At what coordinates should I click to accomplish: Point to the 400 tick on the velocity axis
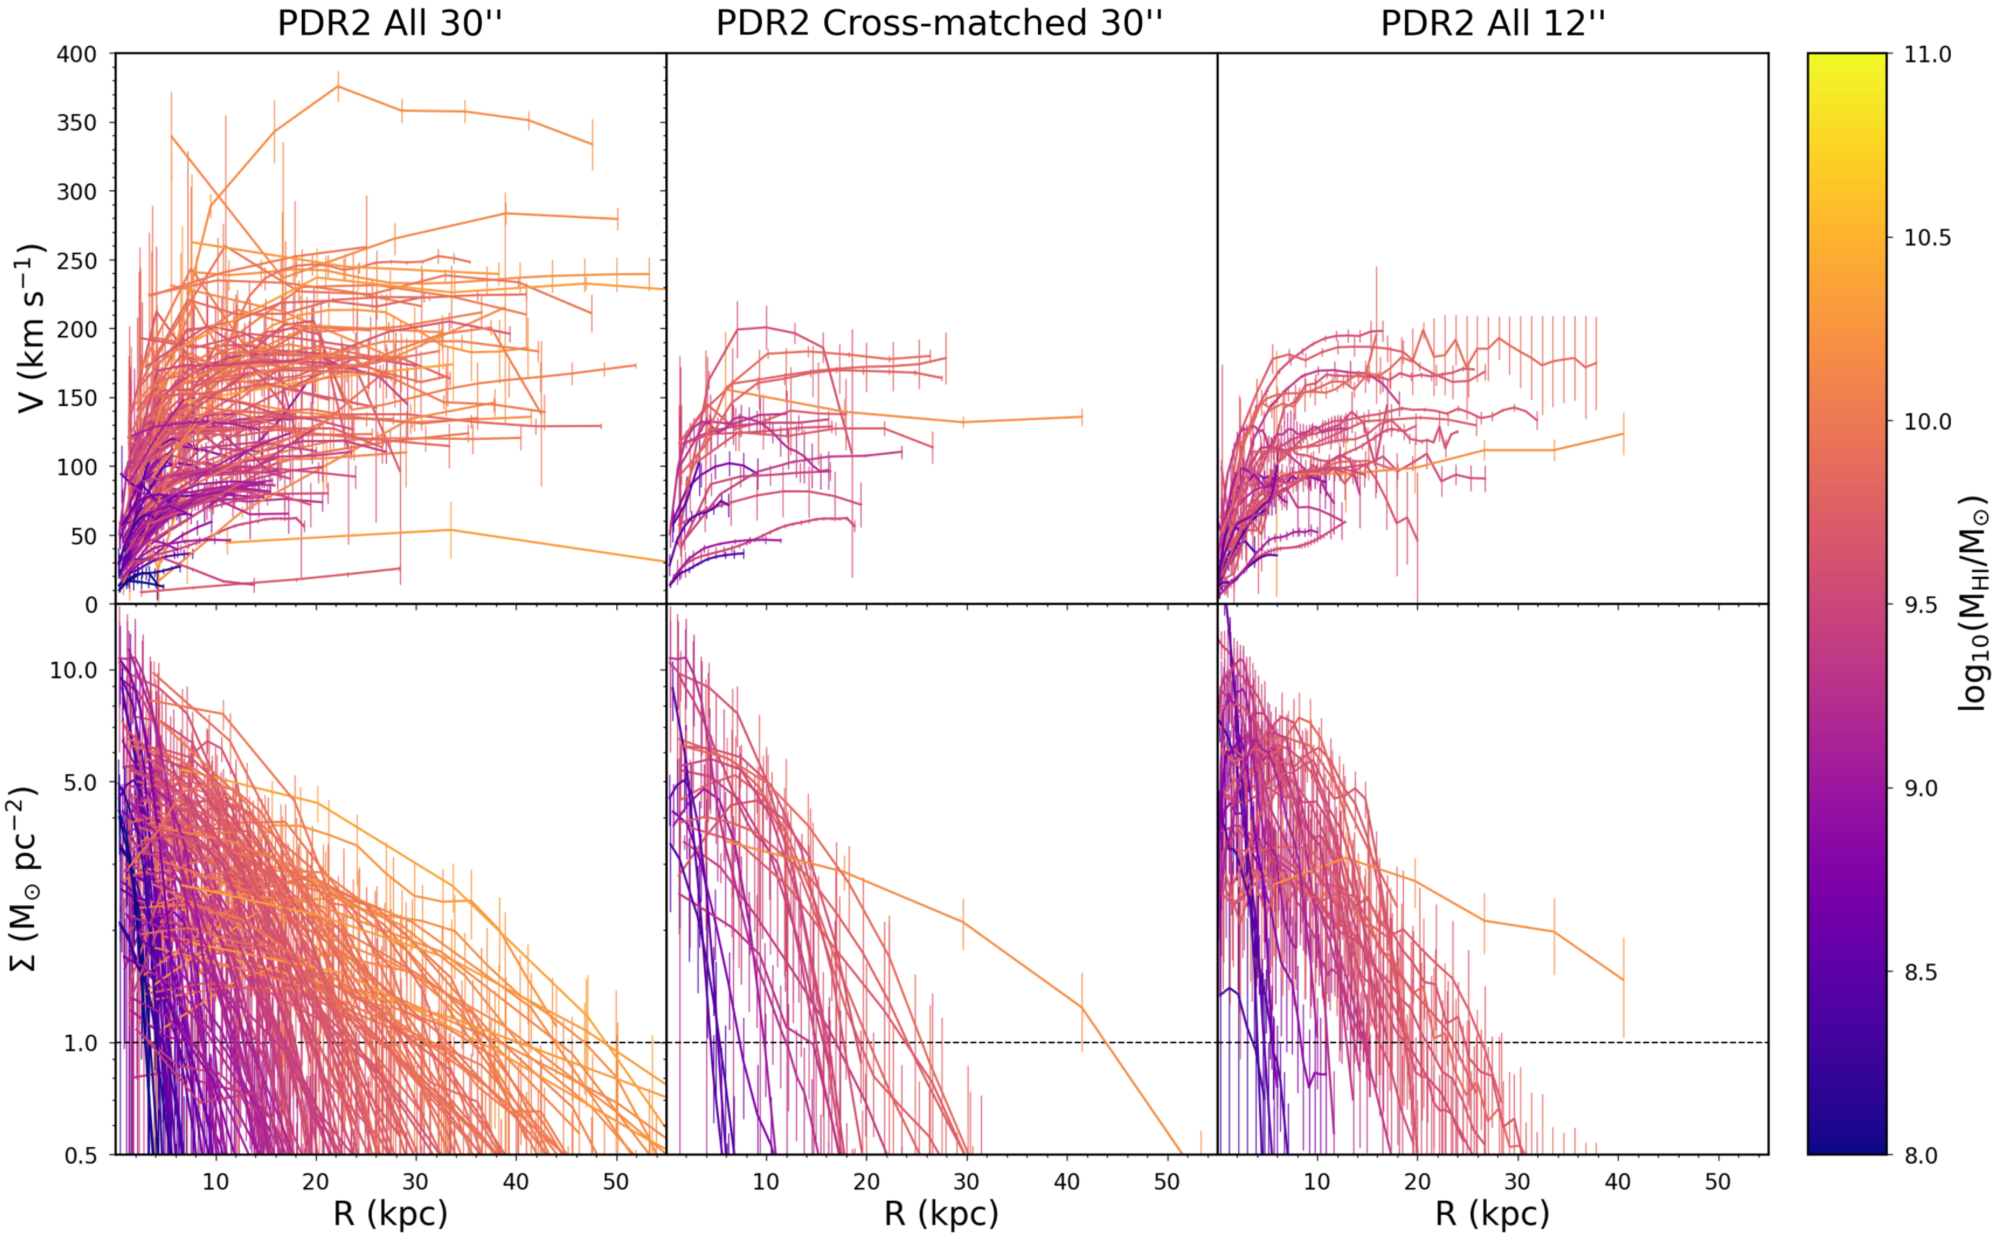point(76,54)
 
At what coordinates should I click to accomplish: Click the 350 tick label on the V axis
point(76,123)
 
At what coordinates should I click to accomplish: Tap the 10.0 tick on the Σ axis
point(73,670)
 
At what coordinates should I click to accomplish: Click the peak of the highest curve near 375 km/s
point(338,86)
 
